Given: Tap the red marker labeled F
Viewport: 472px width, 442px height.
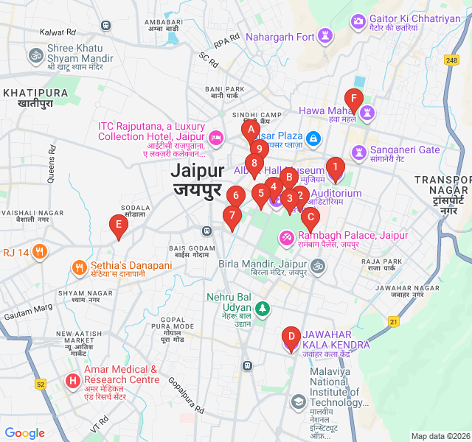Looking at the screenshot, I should pos(354,99).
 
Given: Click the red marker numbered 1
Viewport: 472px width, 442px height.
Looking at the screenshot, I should pos(335,169).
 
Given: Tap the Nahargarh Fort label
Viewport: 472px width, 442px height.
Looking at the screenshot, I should pos(280,37).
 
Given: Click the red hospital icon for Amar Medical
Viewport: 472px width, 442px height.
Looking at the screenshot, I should pos(72,381).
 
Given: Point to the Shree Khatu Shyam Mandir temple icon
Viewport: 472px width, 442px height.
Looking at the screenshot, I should pos(35,55).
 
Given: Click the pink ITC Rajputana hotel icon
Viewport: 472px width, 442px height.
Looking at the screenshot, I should pos(216,137).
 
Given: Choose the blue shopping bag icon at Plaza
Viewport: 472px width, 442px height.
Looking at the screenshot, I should pos(313,137).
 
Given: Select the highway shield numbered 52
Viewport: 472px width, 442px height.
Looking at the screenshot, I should pos(41,383).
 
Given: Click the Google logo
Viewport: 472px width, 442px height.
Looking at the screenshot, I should pos(24,433).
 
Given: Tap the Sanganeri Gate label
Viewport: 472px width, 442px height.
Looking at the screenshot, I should pos(405,150).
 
